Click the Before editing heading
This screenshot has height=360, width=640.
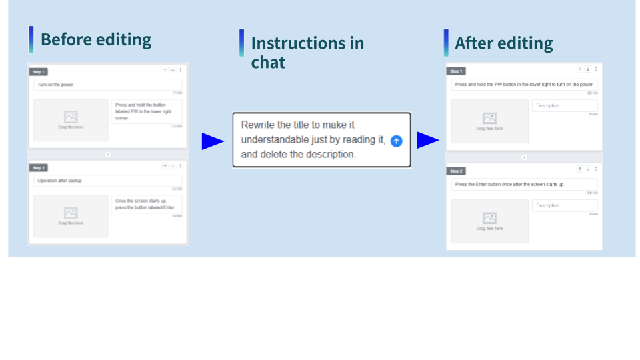[x=96, y=40]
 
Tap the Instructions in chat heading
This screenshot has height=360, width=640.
[x=307, y=53]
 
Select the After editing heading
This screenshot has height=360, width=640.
[x=503, y=44]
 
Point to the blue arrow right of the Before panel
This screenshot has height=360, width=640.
[x=213, y=141]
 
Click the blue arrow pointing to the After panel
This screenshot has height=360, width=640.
[x=428, y=140]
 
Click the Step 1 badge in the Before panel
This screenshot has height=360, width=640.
[x=38, y=72]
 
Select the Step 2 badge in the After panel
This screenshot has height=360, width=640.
[x=456, y=171]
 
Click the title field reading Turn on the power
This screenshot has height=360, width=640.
[x=107, y=85]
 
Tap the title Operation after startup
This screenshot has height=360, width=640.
[x=107, y=181]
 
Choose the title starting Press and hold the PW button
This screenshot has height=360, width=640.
[x=524, y=85]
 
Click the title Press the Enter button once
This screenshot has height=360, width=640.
[x=524, y=185]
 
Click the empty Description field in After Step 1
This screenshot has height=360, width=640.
[x=564, y=105]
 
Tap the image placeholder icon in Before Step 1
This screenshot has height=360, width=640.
[x=71, y=117]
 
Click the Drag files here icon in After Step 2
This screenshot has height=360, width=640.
[x=489, y=219]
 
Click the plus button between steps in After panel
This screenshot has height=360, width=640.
[x=524, y=158]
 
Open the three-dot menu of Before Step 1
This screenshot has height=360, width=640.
[x=181, y=70]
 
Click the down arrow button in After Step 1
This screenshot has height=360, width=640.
[x=588, y=69]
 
